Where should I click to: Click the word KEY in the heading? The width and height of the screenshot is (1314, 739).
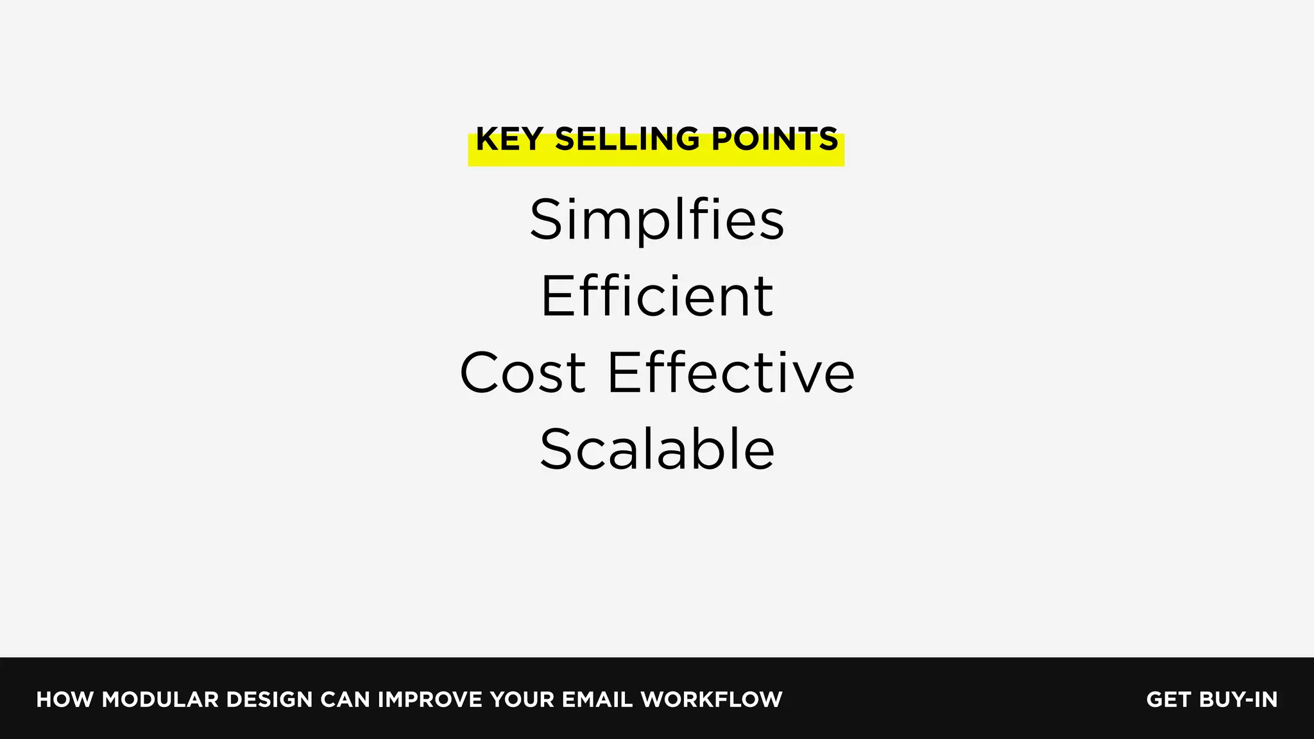(509, 139)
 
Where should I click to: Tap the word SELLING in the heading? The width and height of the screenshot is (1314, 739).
(627, 139)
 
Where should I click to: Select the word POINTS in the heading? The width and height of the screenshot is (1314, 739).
(774, 139)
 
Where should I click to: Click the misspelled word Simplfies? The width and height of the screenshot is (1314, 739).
(657, 220)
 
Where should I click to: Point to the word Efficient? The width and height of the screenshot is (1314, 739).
(657, 296)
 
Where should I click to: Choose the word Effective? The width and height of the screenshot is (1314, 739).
(731, 373)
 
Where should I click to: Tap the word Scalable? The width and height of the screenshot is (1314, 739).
(657, 449)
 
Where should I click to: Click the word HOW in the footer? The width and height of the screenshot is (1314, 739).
(65, 699)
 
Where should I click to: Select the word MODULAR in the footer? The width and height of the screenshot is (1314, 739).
(160, 699)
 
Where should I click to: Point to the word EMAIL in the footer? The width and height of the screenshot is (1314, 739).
(597, 699)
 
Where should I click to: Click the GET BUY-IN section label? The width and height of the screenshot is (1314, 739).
(1211, 699)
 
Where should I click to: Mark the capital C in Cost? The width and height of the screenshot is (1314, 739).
(481, 373)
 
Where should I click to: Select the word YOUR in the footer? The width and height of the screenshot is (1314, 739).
(522, 699)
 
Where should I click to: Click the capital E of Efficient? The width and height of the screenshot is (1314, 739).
(557, 296)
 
